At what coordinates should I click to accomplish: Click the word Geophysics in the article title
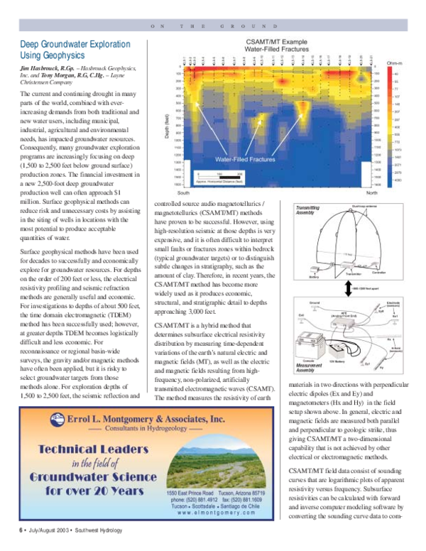click(x=61, y=55)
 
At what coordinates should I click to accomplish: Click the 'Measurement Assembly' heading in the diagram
click(x=306, y=368)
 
